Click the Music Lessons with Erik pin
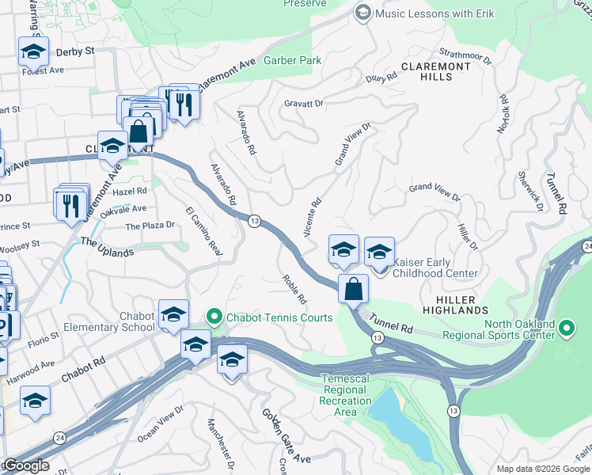point(362,13)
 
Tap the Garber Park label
point(294,60)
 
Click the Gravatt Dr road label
point(304,104)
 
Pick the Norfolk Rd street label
point(503,114)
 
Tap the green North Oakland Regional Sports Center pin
point(566,328)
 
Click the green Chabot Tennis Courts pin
point(214,317)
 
